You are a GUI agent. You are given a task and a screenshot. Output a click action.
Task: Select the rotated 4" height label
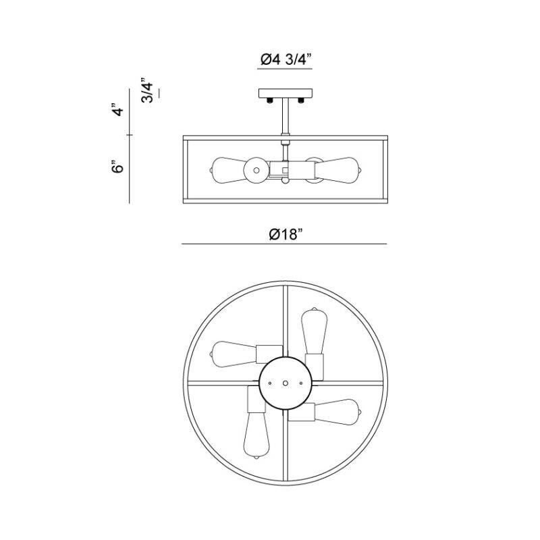pyautogui.click(x=119, y=109)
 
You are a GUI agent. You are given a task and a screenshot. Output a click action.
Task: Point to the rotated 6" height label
pyautogui.click(x=119, y=167)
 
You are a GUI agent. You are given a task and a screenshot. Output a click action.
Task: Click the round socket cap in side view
pyautogui.click(x=256, y=171)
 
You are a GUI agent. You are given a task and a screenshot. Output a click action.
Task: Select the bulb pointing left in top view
pyautogui.click(x=233, y=352)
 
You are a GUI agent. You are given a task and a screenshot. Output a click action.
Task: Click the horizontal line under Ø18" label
pyautogui.click(x=283, y=244)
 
